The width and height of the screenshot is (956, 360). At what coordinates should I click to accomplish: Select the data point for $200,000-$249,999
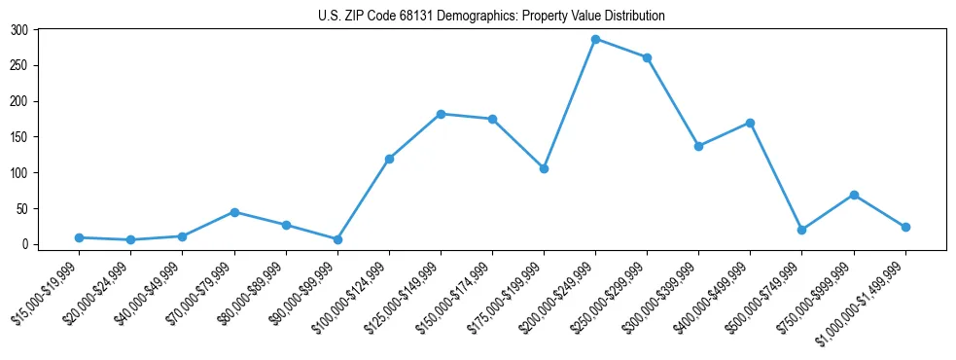[x=595, y=39]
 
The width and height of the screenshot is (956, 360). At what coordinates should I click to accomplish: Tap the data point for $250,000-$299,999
[x=647, y=57]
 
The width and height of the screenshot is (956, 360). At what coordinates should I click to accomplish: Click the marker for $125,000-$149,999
[x=441, y=114]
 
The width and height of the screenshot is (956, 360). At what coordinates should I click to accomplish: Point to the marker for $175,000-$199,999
[x=544, y=168]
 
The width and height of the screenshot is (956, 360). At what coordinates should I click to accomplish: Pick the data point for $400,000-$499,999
[x=750, y=123]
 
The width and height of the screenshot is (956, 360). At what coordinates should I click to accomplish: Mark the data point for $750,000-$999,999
[x=854, y=195]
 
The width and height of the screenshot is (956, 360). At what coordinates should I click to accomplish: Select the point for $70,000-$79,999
[x=234, y=212]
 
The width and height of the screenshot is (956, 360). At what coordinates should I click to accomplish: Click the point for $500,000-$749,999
[x=801, y=230]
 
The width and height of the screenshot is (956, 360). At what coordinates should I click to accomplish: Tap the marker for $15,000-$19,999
[x=79, y=237]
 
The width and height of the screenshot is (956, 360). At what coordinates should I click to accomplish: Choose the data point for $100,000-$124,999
[x=389, y=159]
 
